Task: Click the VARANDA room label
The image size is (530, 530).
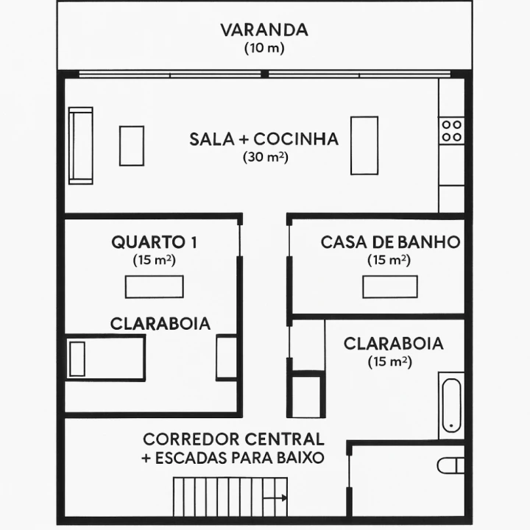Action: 264,30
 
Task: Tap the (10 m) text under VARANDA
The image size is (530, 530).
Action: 264,48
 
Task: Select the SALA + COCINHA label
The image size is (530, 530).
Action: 264,139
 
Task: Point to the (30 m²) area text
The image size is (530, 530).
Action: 265,157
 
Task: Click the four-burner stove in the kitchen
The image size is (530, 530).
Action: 451,131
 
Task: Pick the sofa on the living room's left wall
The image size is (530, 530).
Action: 80,145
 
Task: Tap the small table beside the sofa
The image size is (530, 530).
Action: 132,146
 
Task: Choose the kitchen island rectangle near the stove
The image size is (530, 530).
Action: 364,145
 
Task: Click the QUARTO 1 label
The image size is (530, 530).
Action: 154,241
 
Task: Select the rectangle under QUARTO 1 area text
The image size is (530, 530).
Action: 154,286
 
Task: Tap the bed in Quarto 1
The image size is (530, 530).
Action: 105,358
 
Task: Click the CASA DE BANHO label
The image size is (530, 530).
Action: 390,241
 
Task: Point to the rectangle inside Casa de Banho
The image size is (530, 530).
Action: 389,286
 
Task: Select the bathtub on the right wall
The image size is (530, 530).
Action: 451,403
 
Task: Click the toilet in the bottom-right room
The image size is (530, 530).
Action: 451,465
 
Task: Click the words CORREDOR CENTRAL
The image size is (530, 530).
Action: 233,439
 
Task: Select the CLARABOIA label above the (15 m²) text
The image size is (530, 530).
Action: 394,343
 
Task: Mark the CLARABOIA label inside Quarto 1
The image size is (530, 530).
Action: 160,323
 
